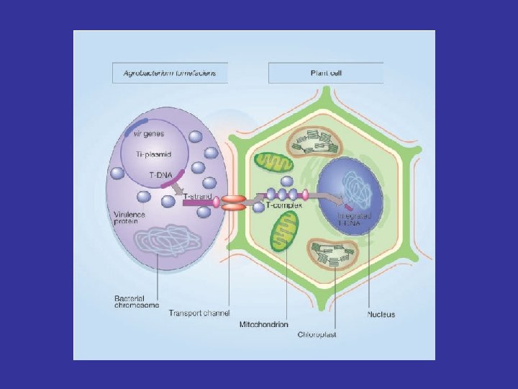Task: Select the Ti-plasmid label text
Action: [x=155, y=154]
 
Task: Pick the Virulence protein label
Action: [x=131, y=218]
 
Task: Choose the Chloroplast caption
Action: [x=317, y=334]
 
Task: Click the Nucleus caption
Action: [x=381, y=314]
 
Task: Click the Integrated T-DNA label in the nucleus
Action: [x=354, y=219]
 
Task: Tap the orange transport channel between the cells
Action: [x=232, y=202]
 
